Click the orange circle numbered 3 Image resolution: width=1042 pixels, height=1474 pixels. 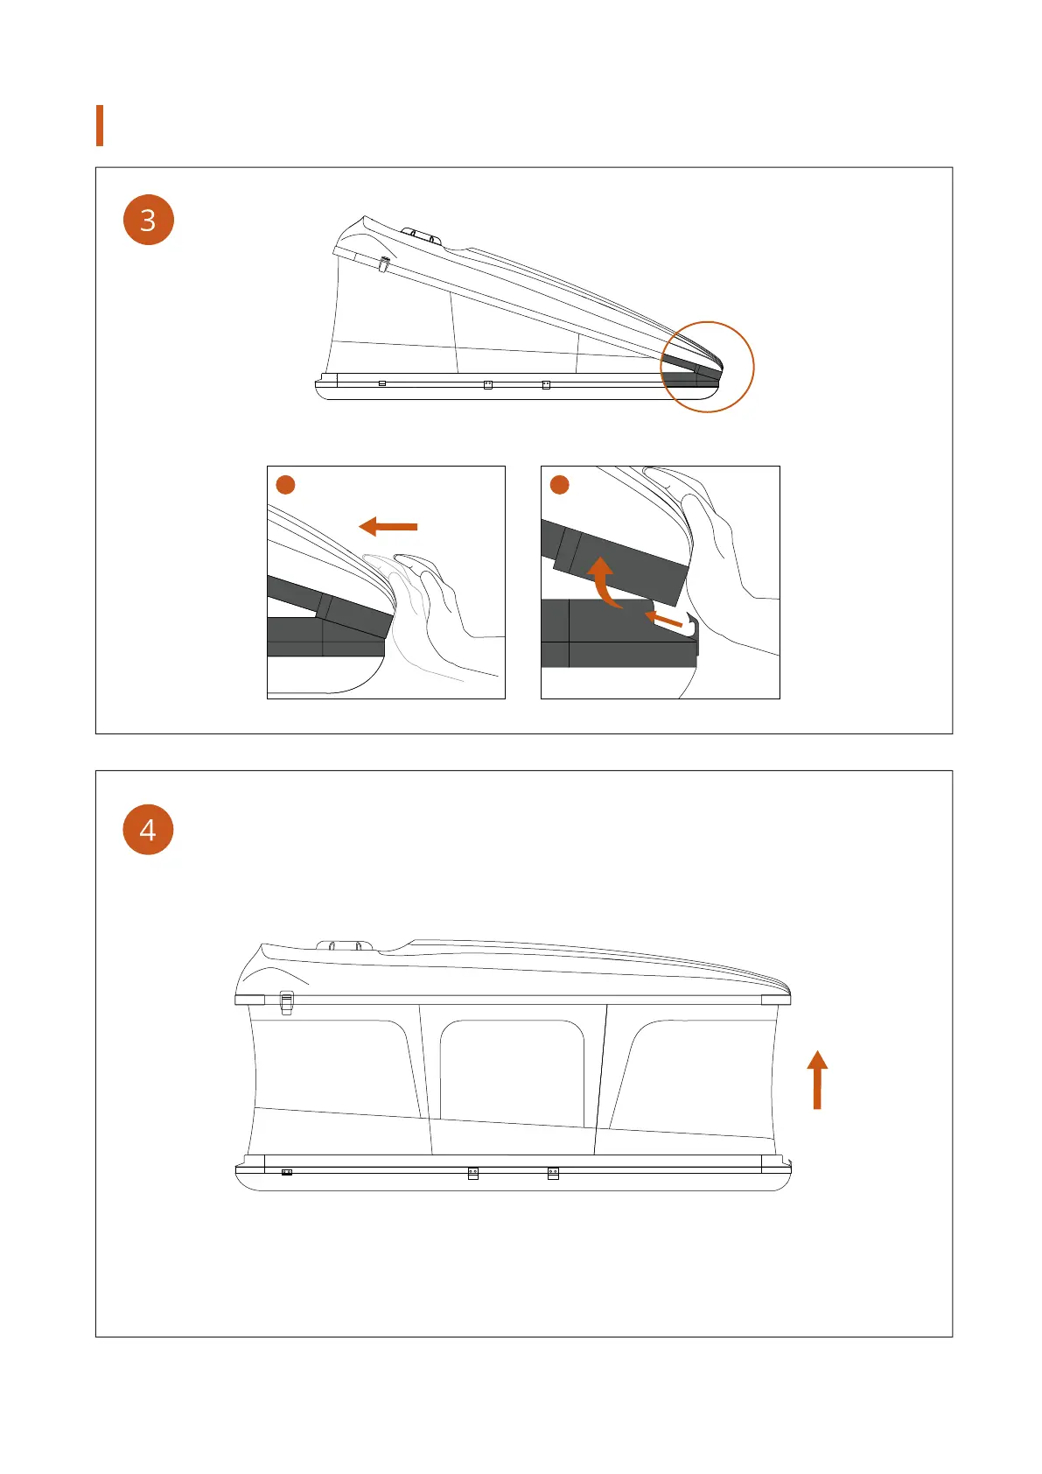point(149,220)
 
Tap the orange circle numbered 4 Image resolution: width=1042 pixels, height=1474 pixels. point(149,830)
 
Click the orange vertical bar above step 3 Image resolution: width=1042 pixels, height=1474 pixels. point(100,125)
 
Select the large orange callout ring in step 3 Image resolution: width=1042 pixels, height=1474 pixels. point(707,367)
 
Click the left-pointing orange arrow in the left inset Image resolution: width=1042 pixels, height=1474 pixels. point(388,526)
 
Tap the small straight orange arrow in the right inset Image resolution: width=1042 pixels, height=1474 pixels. point(664,620)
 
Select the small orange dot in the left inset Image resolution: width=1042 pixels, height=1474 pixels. point(285,484)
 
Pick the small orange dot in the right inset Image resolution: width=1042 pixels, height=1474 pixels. point(559,484)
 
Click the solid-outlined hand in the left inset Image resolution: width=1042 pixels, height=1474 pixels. point(442,604)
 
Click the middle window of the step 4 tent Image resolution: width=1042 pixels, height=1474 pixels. point(512,1072)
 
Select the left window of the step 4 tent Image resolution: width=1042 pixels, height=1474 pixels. point(332,1068)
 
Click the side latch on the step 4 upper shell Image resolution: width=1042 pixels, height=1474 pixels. point(286,1002)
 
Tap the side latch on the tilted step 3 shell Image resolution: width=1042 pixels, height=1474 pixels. point(383,263)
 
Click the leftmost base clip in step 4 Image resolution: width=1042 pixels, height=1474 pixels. point(286,1172)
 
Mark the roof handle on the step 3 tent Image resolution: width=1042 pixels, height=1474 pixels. point(422,235)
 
